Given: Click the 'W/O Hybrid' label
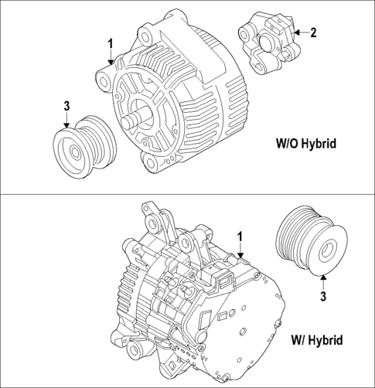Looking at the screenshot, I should pyautogui.click(x=306, y=144).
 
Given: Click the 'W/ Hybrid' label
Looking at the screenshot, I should pyautogui.click(x=316, y=339).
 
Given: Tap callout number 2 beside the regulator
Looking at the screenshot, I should pyautogui.click(x=313, y=32).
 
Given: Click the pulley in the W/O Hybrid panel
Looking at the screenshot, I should pyautogui.click(x=82, y=148).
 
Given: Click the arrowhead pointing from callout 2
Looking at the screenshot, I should pyautogui.click(x=297, y=32).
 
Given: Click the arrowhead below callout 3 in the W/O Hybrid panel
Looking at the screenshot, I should pyautogui.click(x=66, y=124).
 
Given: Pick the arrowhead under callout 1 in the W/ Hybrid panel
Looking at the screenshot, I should pyautogui.click(x=240, y=254).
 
